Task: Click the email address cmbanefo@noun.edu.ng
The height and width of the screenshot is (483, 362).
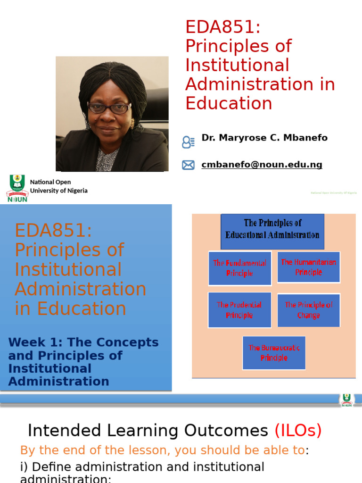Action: (262, 165)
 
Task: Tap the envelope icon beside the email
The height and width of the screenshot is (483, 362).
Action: (188, 165)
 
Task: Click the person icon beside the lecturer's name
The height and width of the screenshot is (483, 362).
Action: (188, 142)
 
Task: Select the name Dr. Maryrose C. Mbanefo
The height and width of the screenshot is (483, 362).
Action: (264, 138)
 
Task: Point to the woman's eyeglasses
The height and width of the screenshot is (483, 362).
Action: (109, 108)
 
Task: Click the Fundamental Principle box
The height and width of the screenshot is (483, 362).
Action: (239, 268)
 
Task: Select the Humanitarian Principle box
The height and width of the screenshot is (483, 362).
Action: (308, 267)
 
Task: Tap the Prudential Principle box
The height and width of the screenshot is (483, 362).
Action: (239, 310)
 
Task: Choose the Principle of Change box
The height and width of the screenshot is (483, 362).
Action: (308, 310)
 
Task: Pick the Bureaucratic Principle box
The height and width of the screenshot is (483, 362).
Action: (274, 353)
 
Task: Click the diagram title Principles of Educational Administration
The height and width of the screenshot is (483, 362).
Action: (272, 229)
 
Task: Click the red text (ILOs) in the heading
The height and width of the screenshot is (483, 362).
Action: (298, 431)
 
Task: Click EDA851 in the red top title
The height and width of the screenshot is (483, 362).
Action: (223, 27)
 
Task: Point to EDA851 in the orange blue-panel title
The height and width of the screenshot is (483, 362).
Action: (53, 231)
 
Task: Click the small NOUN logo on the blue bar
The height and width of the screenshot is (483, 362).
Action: (346, 400)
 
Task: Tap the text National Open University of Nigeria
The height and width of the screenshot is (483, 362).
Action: (58, 186)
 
